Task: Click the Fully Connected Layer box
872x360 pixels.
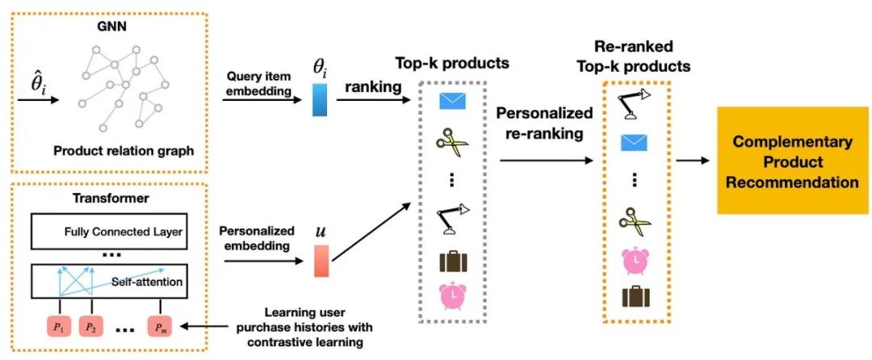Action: pyautogui.click(x=119, y=234)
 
